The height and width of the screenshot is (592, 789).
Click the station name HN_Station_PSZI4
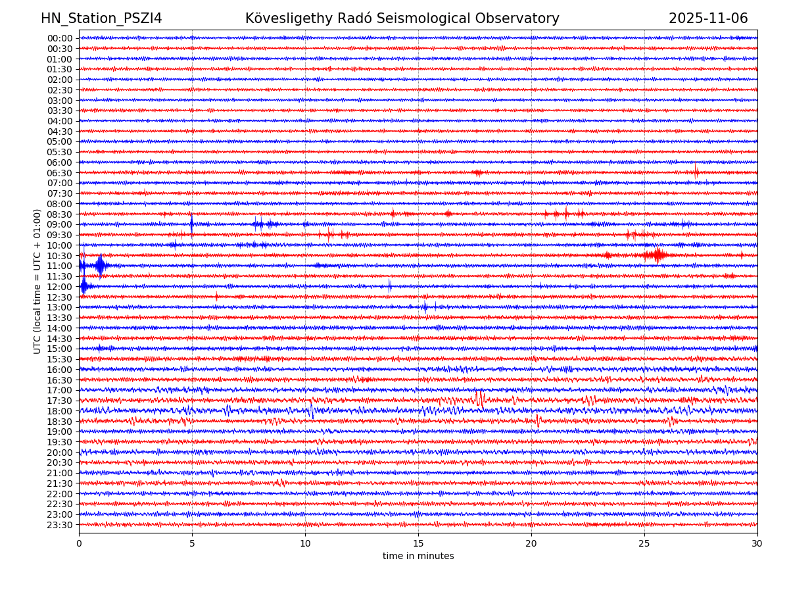(x=101, y=18)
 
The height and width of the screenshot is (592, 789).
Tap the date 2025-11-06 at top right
(x=708, y=18)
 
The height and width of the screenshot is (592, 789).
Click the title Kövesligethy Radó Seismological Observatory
(x=402, y=18)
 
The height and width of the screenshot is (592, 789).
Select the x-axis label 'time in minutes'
(x=418, y=556)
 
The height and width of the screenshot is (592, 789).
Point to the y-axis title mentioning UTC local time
(x=37, y=281)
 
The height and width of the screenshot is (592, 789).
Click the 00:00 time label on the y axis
(x=59, y=38)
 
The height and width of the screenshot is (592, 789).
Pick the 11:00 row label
(x=59, y=266)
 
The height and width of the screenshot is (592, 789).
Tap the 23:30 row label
(x=59, y=525)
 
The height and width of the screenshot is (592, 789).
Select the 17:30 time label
(x=59, y=401)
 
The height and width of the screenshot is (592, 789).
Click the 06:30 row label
(x=59, y=173)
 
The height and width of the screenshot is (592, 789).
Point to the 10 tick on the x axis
(x=305, y=543)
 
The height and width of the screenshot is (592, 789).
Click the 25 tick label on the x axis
(x=644, y=543)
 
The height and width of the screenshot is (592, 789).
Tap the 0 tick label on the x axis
(x=79, y=543)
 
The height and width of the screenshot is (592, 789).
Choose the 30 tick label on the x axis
(x=757, y=543)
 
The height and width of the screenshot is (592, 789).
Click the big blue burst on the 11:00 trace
(x=100, y=265)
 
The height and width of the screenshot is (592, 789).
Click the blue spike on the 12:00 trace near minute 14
(x=389, y=285)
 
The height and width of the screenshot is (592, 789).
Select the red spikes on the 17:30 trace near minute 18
(x=479, y=399)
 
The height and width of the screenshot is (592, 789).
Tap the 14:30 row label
(x=59, y=339)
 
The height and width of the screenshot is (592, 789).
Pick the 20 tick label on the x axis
(x=531, y=543)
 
